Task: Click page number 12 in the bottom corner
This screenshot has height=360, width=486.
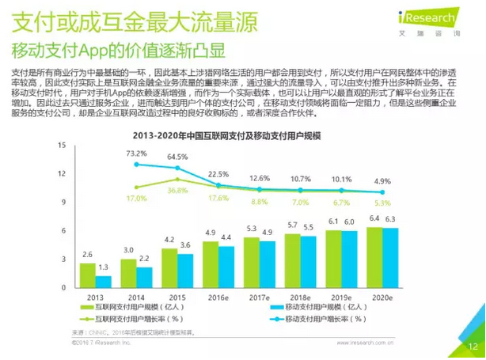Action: [473, 347]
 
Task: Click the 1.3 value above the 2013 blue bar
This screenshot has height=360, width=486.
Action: [104, 267]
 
